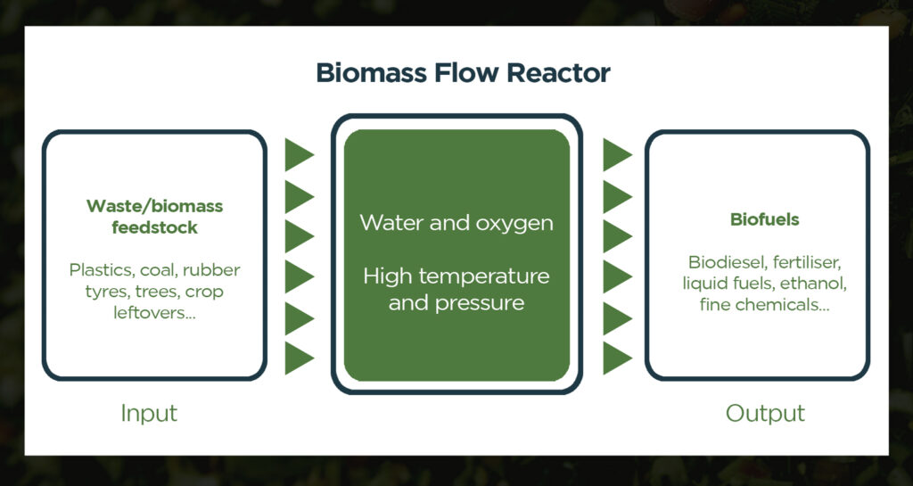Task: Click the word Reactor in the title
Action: pyautogui.click(x=558, y=73)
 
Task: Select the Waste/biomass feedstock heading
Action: pyautogui.click(x=154, y=217)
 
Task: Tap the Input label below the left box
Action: pyautogui.click(x=149, y=413)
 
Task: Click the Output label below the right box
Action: pyautogui.click(x=765, y=413)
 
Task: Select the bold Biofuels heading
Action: pyautogui.click(x=764, y=219)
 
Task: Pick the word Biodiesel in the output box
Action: pyautogui.click(x=724, y=262)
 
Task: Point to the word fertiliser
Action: pyautogui.click(x=806, y=262)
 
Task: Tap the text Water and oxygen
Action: pyautogui.click(x=456, y=222)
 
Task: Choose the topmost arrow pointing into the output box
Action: pyautogui.click(x=617, y=155)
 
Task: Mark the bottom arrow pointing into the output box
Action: pyautogui.click(x=617, y=358)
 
